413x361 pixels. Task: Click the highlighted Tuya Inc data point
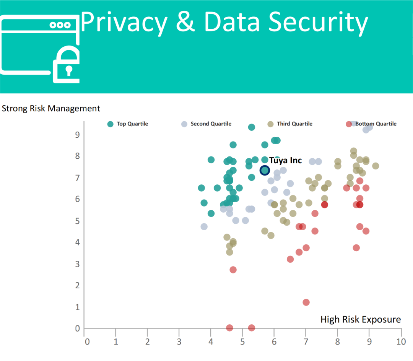coord(265,170)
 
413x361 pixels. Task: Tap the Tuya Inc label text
coord(285,161)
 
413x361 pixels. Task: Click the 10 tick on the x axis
coord(401,342)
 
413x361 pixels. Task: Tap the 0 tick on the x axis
coord(87,342)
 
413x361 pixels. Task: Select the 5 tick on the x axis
coord(242,342)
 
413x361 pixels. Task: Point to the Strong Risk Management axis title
coord(51,109)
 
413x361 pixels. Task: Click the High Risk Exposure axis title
coord(360,319)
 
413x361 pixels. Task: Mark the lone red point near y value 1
coord(306,302)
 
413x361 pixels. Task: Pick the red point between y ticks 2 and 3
coord(233,270)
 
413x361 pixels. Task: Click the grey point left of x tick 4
coord(204,226)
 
